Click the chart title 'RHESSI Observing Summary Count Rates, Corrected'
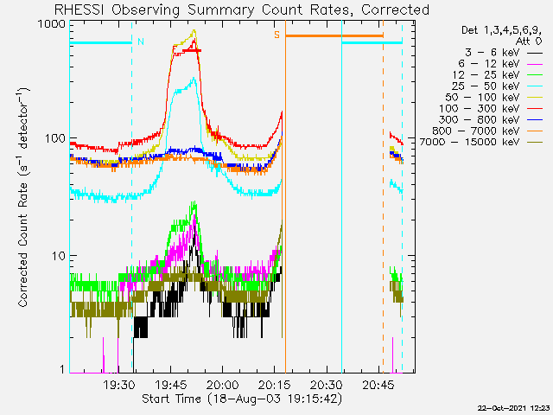click(241, 10)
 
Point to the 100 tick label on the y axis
click(56, 138)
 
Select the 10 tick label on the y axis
click(59, 256)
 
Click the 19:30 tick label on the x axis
click(118, 385)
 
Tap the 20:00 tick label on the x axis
click(223, 385)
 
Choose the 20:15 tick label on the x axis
click(275, 385)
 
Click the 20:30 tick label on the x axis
click(327, 385)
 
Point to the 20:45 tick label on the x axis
click(379, 385)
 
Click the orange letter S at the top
click(277, 35)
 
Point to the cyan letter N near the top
click(141, 41)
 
